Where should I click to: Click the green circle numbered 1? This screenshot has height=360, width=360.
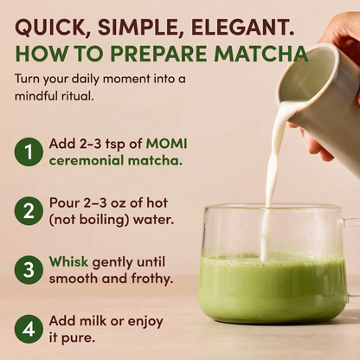(29, 152)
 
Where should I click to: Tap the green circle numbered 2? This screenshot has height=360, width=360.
(29, 209)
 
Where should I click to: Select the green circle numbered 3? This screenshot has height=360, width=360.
(29, 269)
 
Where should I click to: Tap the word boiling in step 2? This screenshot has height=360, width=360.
(108, 219)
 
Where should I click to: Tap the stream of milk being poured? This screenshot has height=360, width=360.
(270, 173)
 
